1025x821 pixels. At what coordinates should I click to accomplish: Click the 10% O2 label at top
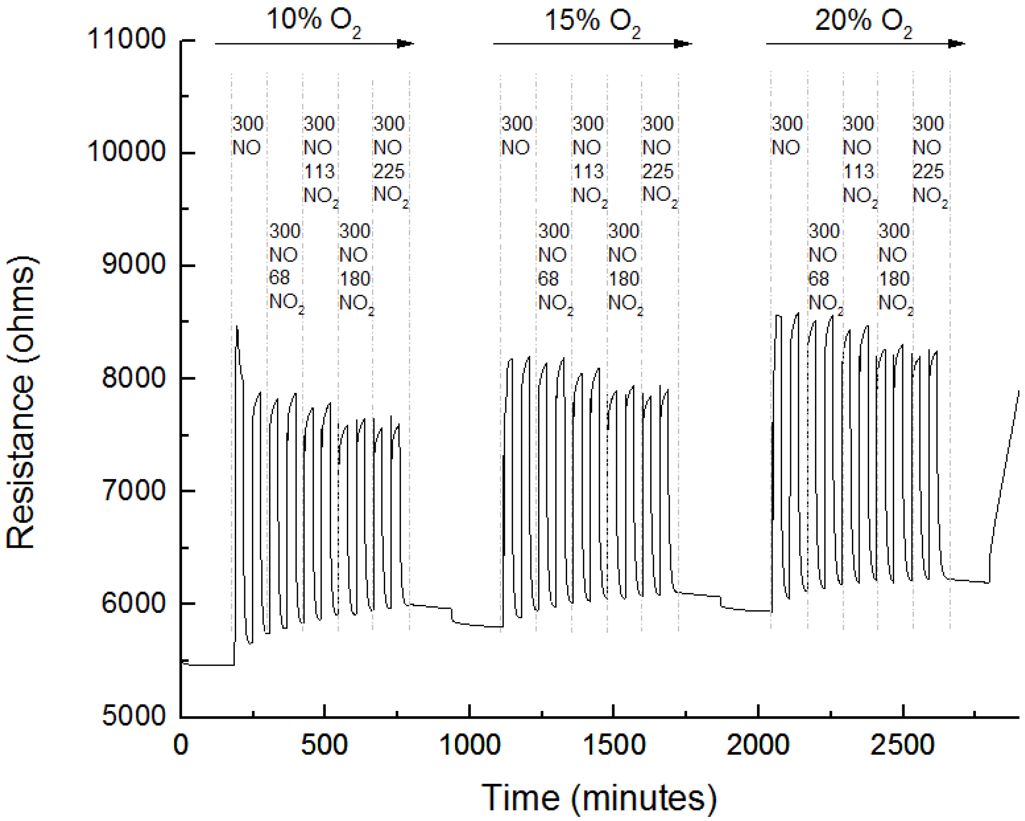pos(314,21)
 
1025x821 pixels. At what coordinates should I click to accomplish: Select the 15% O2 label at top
pos(592,21)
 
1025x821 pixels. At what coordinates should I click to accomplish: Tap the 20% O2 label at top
pos(863,21)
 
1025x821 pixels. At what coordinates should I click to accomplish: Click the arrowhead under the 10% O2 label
pos(405,44)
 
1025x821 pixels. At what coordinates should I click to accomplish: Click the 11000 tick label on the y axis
pos(126,39)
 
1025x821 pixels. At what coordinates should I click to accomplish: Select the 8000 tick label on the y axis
pos(133,378)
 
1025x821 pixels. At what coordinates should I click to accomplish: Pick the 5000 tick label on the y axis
pos(133,715)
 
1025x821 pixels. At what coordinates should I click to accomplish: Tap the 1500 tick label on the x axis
pos(613,745)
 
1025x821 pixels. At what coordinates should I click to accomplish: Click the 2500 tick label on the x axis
pos(902,745)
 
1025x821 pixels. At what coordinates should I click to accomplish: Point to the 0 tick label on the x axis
pos(181,745)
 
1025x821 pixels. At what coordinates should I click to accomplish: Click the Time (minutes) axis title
pos(599,798)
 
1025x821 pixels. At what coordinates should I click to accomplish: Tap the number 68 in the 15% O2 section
pos(548,279)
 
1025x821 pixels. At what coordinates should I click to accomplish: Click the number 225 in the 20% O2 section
pos(928,171)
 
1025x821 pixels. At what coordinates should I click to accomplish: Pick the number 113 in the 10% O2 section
pos(319,171)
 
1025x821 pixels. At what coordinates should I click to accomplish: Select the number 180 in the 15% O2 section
pos(624,279)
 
